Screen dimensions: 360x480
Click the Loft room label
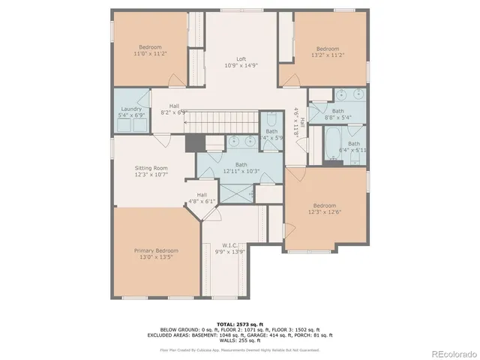coord(241,58)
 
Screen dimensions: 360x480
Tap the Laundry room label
coord(132,109)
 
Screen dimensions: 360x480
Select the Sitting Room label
coord(150,168)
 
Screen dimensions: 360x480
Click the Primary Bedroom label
coord(156,250)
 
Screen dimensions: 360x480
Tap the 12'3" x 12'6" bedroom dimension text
coord(324,212)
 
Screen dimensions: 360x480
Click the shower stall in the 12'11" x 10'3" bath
coord(240,193)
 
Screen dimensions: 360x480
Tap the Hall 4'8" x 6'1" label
coord(202,198)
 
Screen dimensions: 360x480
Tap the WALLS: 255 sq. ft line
coord(239,340)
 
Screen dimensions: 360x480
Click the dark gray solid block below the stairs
coord(194,142)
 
